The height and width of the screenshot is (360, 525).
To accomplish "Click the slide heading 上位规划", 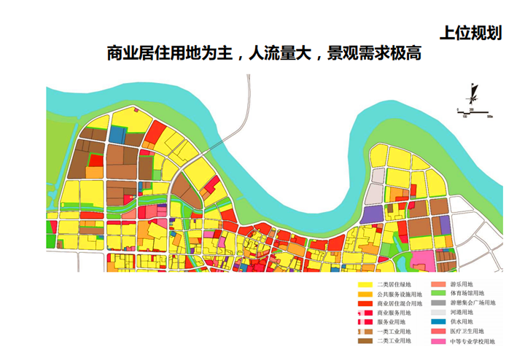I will coord(471,34).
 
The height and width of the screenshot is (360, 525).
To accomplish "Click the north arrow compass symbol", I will coord(475,94).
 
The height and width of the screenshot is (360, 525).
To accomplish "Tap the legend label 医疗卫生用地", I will coord(471,331).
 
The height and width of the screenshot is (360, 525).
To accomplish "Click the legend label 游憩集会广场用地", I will coord(475,302).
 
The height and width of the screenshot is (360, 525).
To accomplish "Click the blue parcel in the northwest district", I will coord(117,135).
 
